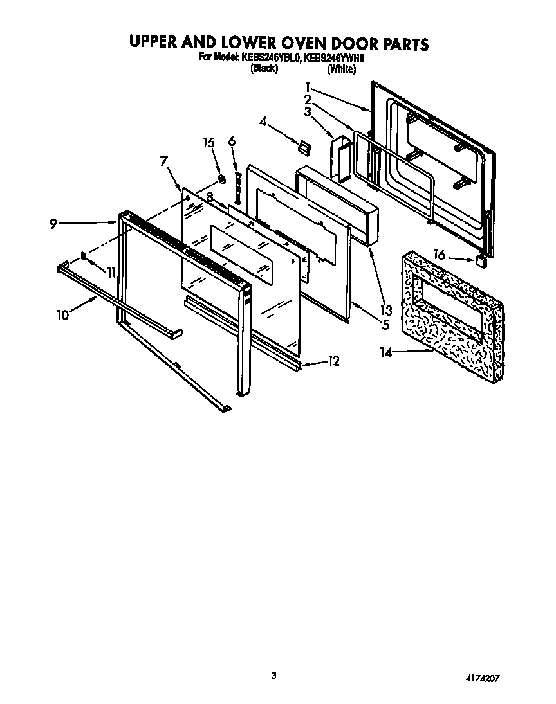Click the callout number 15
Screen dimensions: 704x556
pos(207,143)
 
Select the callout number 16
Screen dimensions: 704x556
pos(440,255)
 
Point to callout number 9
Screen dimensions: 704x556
pos(53,223)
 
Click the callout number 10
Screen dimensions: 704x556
pos(62,315)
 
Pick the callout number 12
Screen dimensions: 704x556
pos(333,361)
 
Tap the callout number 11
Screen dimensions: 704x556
pos(111,273)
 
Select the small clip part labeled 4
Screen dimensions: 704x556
pos(303,147)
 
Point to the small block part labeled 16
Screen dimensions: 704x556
pos(479,261)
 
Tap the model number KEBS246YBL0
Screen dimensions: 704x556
pos(268,58)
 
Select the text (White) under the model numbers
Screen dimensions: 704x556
pos(341,69)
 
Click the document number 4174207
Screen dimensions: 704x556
pos(481,678)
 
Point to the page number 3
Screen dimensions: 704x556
pos(274,675)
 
